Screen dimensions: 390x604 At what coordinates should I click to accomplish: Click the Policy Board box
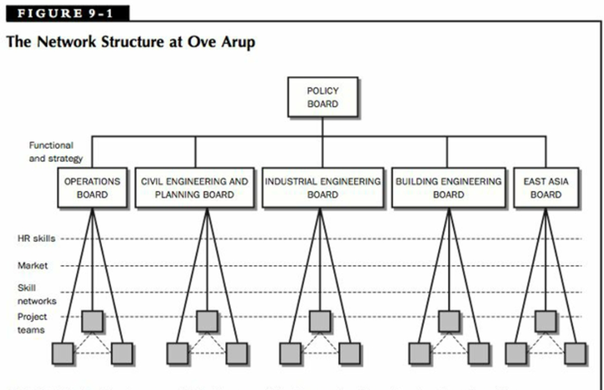(x=323, y=97)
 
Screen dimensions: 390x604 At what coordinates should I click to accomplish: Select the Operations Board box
(x=93, y=187)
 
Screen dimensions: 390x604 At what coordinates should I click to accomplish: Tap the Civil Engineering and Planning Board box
(x=194, y=187)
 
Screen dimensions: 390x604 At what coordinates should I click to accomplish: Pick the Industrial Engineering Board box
(x=322, y=187)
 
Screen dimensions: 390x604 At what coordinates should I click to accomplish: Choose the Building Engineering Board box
(x=448, y=187)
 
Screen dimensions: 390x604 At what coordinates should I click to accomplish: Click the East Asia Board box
(x=546, y=187)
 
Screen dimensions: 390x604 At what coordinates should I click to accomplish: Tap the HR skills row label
(x=36, y=238)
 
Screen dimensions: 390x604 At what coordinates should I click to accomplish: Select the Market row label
(x=33, y=266)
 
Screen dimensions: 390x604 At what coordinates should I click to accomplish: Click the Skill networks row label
(x=37, y=295)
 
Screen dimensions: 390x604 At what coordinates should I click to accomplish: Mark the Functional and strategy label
(x=55, y=152)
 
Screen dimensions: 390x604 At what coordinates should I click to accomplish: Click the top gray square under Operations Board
(x=93, y=321)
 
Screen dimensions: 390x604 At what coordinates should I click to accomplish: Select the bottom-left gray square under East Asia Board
(x=516, y=353)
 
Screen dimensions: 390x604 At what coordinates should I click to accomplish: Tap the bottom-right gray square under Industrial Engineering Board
(x=350, y=353)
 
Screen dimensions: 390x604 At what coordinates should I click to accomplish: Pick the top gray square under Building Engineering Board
(x=448, y=321)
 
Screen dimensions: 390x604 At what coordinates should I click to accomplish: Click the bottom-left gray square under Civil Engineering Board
(x=178, y=353)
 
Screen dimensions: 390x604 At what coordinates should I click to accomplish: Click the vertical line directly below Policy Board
(x=323, y=127)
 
